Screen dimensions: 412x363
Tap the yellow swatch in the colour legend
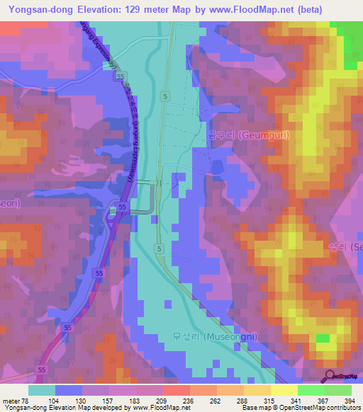[284, 390]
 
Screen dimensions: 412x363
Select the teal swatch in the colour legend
[42, 390]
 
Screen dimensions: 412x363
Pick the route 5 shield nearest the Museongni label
[161, 250]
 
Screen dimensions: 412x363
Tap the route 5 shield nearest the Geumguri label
[164, 96]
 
